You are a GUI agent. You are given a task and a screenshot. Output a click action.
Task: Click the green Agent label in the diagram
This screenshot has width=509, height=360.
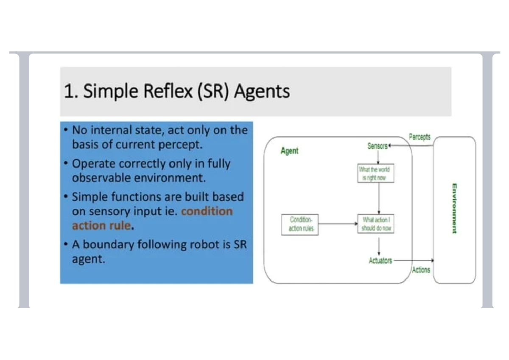(289, 151)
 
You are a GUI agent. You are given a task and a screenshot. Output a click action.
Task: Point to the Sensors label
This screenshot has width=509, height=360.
(378, 146)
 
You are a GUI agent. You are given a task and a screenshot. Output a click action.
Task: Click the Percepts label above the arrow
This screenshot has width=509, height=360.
(420, 137)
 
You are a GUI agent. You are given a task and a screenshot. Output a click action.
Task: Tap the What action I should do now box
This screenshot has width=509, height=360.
(376, 223)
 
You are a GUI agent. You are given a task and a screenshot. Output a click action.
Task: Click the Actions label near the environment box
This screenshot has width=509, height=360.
(421, 270)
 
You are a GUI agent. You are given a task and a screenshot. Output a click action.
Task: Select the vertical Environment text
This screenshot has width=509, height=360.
(454, 208)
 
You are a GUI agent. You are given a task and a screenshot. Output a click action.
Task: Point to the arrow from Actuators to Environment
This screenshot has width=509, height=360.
(414, 260)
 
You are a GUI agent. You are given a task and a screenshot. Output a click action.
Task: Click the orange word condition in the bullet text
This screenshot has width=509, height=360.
(207, 211)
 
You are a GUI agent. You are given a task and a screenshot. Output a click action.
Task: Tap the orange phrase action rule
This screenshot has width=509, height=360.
(101, 225)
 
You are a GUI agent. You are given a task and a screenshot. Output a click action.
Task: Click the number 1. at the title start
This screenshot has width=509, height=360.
(70, 91)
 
